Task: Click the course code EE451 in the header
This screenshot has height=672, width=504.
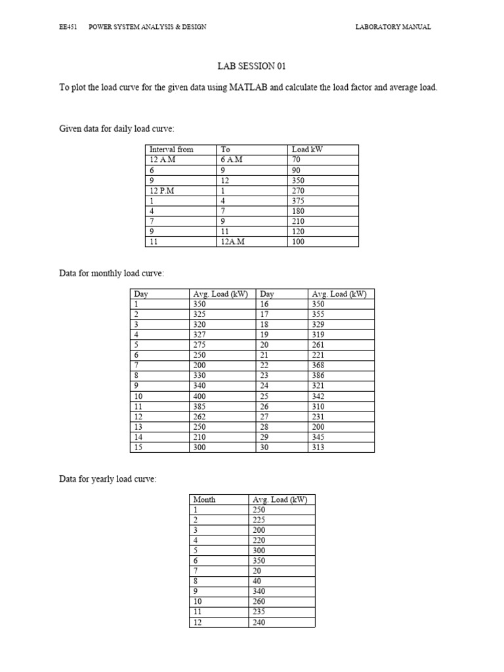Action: click(x=68, y=27)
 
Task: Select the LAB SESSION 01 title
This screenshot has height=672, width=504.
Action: click(x=251, y=66)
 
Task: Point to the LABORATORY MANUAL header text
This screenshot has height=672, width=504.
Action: click(x=393, y=27)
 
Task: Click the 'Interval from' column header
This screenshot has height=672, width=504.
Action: click(x=171, y=150)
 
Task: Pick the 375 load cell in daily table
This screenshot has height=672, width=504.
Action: click(x=299, y=201)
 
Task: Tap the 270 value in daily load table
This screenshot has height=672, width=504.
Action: click(x=299, y=190)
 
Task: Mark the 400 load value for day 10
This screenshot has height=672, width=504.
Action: click(x=200, y=396)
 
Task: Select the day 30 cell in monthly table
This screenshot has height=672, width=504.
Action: click(x=266, y=448)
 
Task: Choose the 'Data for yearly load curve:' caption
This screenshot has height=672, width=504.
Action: click(x=108, y=479)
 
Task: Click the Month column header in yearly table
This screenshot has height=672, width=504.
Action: click(x=204, y=499)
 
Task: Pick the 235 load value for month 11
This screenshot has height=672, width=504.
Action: click(x=259, y=612)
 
